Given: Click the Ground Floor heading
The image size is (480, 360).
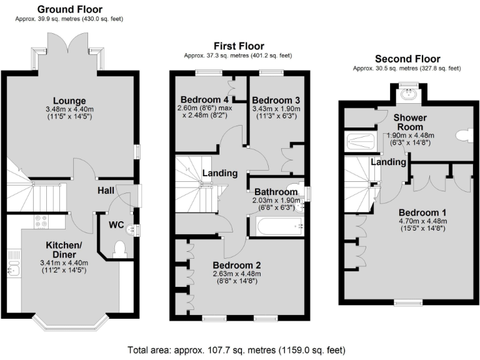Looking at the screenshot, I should coord(69,9).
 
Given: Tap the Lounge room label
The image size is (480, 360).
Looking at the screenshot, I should coord(69,101).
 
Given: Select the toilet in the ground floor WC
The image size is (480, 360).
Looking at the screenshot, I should coord(121,249).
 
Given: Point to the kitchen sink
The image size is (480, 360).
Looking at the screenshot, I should coord(13,268).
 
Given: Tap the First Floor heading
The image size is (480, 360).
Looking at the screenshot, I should coord(239,46).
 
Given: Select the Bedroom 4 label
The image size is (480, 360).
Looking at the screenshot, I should coord(204,99).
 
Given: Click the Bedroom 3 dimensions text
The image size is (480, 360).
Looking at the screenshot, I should coord(276,111).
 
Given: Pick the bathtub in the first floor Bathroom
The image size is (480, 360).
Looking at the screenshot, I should coord(274,226).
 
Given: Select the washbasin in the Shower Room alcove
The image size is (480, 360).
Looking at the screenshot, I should coord(409,94).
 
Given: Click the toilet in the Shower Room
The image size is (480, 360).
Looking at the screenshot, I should coord(463,135).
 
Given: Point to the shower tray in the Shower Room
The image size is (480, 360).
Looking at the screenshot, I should coord(362,142).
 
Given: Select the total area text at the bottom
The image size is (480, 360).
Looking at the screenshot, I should coord(236,350).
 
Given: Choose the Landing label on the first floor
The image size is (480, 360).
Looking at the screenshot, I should coord(219,173).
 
